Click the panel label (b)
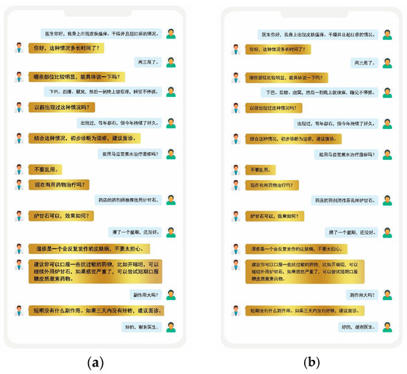tap(310, 364)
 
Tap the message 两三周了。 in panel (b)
tap(360, 61)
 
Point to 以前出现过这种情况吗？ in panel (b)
tap(284, 108)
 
